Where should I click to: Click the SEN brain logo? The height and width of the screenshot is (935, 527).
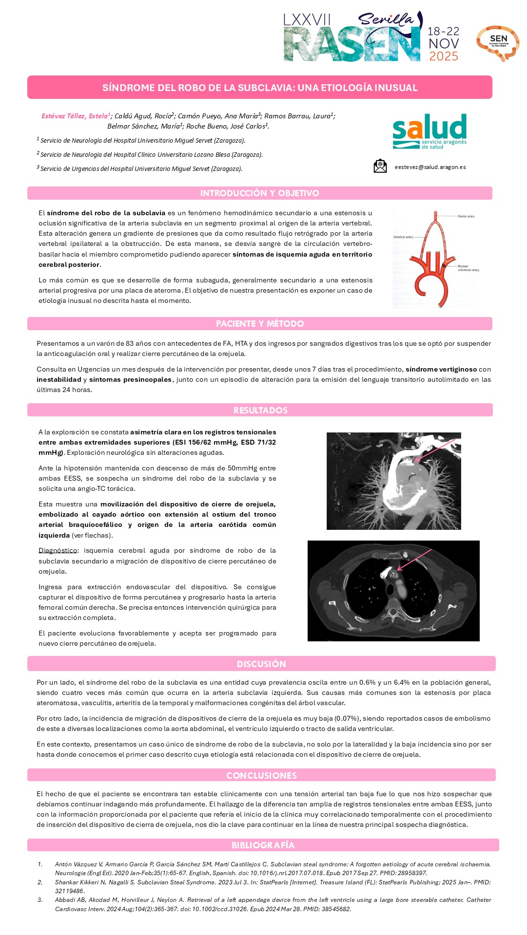click(x=498, y=43)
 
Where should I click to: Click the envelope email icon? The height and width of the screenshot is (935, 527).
click(x=380, y=166)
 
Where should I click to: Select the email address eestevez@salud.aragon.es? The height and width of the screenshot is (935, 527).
click(x=430, y=167)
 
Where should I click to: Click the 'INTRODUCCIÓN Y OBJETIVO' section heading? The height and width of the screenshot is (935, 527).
click(x=259, y=193)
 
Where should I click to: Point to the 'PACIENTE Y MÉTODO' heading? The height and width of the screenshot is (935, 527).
click(x=259, y=324)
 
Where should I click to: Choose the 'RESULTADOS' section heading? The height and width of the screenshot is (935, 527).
click(x=260, y=410)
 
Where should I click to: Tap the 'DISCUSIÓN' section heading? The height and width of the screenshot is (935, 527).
click(x=261, y=664)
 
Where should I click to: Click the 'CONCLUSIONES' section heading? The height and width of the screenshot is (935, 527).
click(x=261, y=775)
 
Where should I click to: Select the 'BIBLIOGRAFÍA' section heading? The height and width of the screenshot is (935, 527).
click(x=263, y=845)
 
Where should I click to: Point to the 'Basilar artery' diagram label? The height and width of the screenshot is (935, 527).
click(x=466, y=216)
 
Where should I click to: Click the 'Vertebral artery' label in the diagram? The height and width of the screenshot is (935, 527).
click(x=403, y=237)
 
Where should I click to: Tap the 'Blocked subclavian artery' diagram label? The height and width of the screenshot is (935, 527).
click(x=468, y=268)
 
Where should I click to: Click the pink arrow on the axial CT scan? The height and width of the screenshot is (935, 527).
click(x=414, y=559)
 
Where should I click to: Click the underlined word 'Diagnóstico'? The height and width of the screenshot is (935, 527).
click(x=58, y=551)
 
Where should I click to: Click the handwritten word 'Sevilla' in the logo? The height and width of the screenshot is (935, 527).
click(x=385, y=19)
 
